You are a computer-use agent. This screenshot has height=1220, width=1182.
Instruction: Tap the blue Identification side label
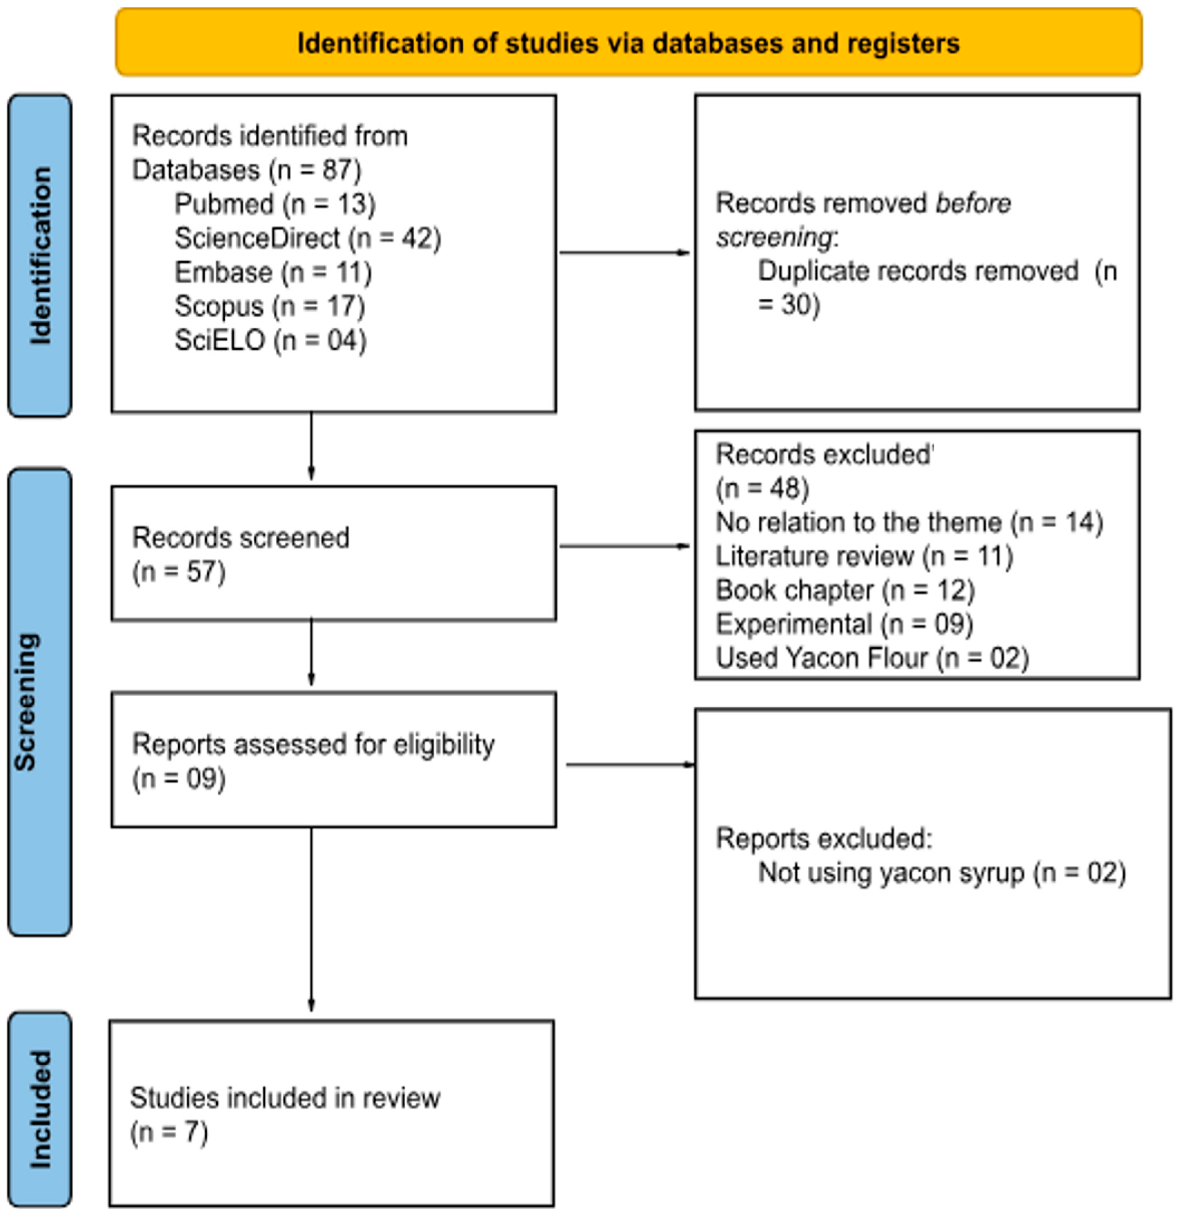point(40,255)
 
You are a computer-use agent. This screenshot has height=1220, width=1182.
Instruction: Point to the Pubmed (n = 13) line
point(275,204)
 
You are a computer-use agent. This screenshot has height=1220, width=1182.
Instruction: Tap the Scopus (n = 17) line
point(269,306)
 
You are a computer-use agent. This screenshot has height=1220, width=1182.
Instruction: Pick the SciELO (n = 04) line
point(270,341)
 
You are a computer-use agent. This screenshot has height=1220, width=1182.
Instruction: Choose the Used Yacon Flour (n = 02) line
point(872,658)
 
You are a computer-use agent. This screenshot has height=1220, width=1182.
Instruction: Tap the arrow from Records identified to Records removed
point(625,253)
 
